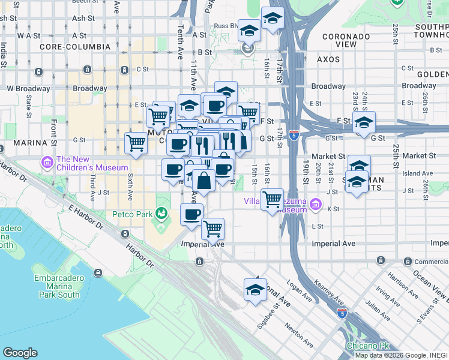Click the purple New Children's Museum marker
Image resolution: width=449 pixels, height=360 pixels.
coord(47,162)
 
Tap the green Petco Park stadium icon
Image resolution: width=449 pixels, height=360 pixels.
coord(161,212)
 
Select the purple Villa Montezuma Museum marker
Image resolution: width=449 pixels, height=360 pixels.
coord(316,206)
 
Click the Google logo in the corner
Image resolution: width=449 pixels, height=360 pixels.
coord(20,353)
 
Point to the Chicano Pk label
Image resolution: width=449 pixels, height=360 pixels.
coord(364,346)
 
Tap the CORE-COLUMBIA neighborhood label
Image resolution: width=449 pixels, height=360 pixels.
coord(75,46)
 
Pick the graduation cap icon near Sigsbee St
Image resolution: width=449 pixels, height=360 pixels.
coord(255,290)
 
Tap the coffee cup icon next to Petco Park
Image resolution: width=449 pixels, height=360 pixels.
coord(191,214)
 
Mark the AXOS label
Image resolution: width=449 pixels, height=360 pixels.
coord(329,59)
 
